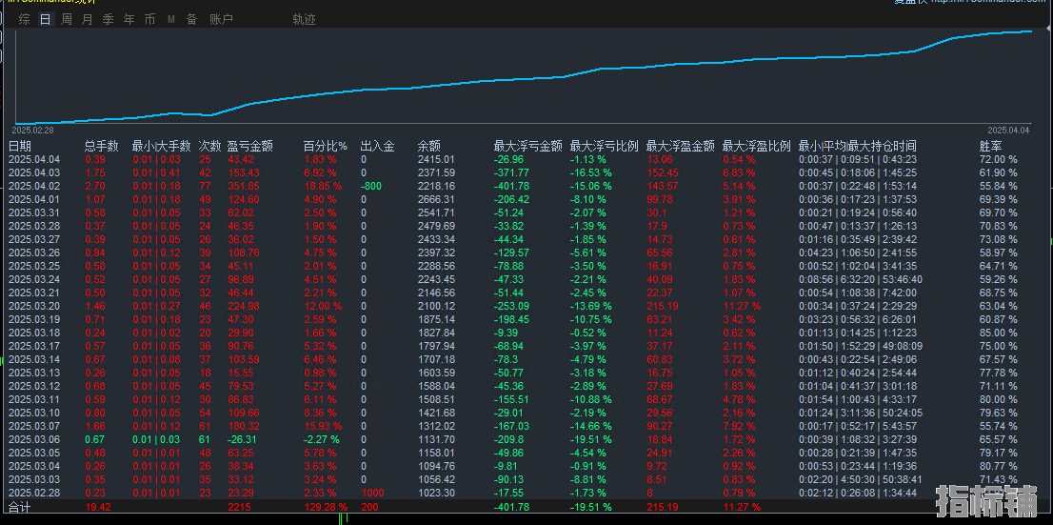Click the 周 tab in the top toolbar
(66, 19)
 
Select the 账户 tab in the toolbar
(221, 19)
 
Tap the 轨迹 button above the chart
(304, 19)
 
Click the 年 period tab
(129, 19)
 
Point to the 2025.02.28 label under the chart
(32, 130)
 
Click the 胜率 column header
(990, 146)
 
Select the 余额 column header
(428, 146)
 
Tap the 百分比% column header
(325, 146)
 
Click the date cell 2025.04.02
(33, 187)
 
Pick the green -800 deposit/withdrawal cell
(370, 187)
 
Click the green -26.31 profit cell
(242, 439)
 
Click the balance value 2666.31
(436, 200)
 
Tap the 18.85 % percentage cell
(321, 187)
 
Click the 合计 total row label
(20, 508)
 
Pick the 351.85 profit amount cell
(242, 187)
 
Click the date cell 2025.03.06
(33, 439)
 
